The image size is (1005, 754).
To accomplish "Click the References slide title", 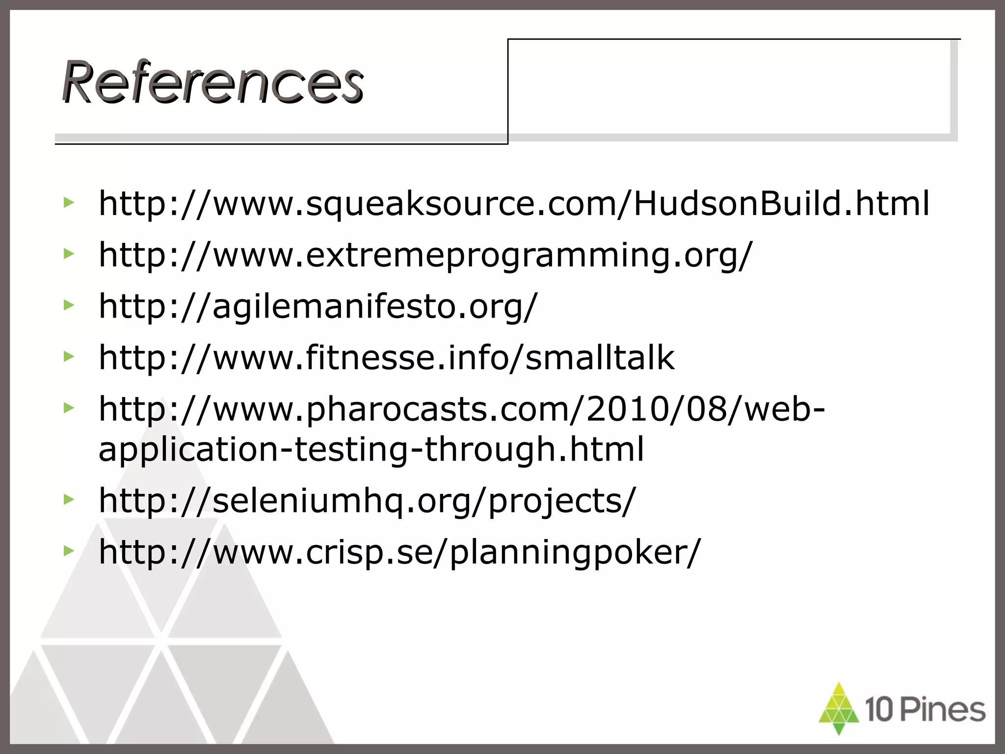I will pyautogui.click(x=212, y=81).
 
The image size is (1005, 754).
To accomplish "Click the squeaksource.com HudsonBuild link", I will pyautogui.click(x=513, y=203).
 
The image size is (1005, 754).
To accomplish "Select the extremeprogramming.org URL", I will pyautogui.click(x=425, y=255).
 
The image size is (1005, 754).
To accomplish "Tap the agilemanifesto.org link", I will pyautogui.click(x=318, y=306).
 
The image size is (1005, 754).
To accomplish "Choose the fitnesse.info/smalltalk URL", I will pyautogui.click(x=386, y=357).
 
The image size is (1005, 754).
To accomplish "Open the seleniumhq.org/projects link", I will pyautogui.click(x=367, y=501).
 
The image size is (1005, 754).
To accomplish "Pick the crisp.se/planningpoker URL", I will pyautogui.click(x=399, y=552).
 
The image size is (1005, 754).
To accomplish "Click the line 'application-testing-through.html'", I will pyautogui.click(x=371, y=449).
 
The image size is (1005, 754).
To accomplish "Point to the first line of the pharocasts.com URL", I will pyautogui.click(x=461, y=409).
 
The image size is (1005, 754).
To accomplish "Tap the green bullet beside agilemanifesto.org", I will pyautogui.click(x=69, y=305).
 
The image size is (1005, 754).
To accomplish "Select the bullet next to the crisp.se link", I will pyautogui.click(x=69, y=551).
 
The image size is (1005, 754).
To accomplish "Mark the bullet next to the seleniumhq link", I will pyautogui.click(x=69, y=499).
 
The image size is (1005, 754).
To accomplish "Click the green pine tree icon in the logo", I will pyautogui.click(x=839, y=708).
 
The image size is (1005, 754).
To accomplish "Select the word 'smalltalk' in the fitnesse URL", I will pyautogui.click(x=600, y=357).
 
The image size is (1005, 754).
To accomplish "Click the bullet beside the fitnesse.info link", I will pyautogui.click(x=69, y=356).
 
